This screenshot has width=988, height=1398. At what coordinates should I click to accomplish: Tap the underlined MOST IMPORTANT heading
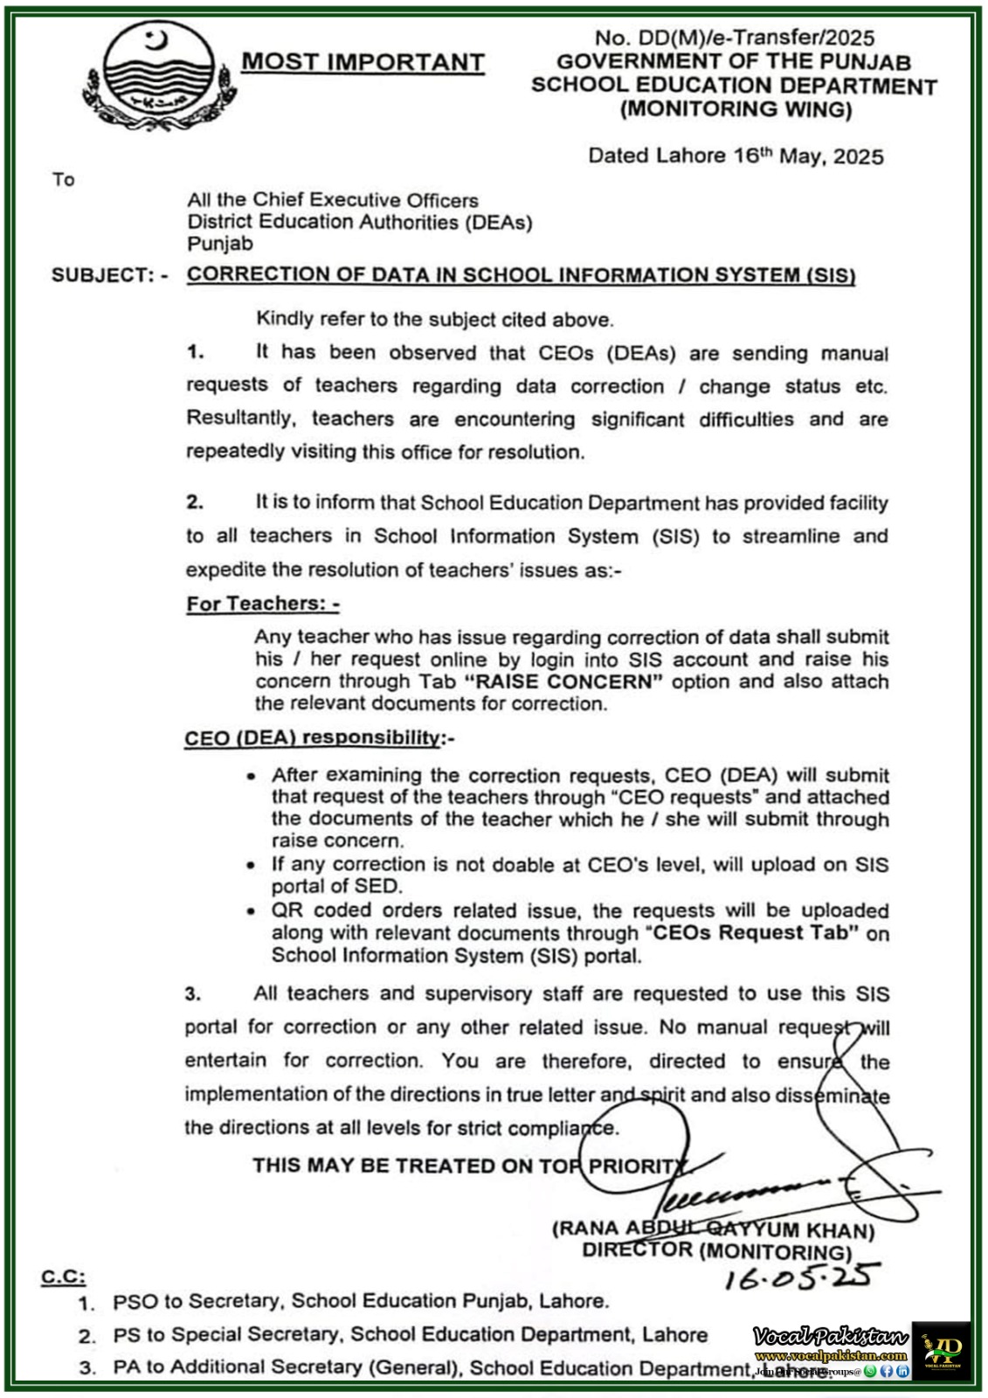coord(363,62)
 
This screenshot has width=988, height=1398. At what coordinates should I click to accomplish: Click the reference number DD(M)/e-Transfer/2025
coord(734,38)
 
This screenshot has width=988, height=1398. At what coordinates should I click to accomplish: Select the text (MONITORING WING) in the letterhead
coord(736,109)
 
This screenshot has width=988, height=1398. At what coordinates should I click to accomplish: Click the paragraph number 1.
coord(195,352)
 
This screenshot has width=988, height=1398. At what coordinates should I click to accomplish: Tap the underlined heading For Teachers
coord(262,604)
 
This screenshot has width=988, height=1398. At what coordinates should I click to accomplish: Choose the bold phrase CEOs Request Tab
coord(752,933)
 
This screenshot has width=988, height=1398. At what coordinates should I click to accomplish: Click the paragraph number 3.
coord(193,993)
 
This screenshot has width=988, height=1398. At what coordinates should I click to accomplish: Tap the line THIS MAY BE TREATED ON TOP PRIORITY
coord(470,1166)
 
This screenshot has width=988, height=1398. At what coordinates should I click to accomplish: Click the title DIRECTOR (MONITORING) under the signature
coord(716,1251)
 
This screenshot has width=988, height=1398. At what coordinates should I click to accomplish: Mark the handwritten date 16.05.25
coord(801,1277)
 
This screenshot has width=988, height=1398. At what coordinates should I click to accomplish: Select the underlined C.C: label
coord(63,1277)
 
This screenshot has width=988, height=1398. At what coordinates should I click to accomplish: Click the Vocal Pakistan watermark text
coord(830,1336)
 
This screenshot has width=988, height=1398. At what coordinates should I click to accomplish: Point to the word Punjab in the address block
coord(220,244)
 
